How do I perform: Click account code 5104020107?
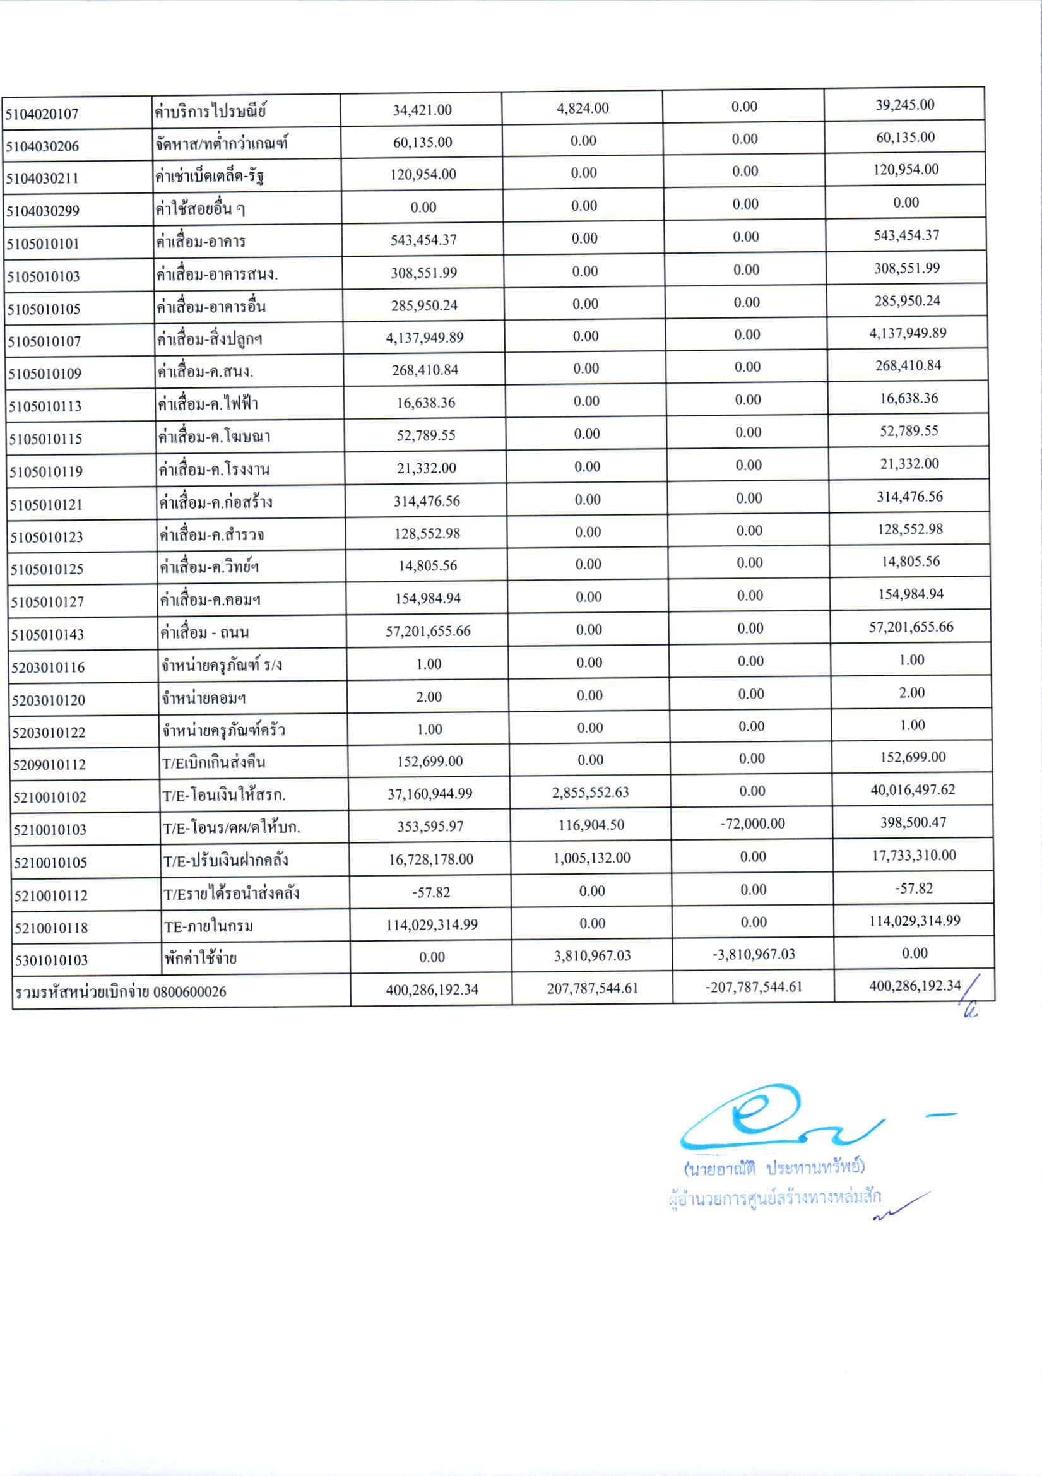42,114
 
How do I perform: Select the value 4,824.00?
583,108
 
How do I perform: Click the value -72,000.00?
752,824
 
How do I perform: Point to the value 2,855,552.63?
590,792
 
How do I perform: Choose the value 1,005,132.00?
591,858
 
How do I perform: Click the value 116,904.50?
591,825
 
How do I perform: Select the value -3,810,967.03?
754,954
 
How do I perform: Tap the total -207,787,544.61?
754,987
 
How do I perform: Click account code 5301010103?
51,960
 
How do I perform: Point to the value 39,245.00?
904,105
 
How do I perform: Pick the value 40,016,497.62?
913,789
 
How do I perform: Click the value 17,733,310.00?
913,855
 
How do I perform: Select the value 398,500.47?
913,822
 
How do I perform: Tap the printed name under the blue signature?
774,1167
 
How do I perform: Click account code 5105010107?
44,341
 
